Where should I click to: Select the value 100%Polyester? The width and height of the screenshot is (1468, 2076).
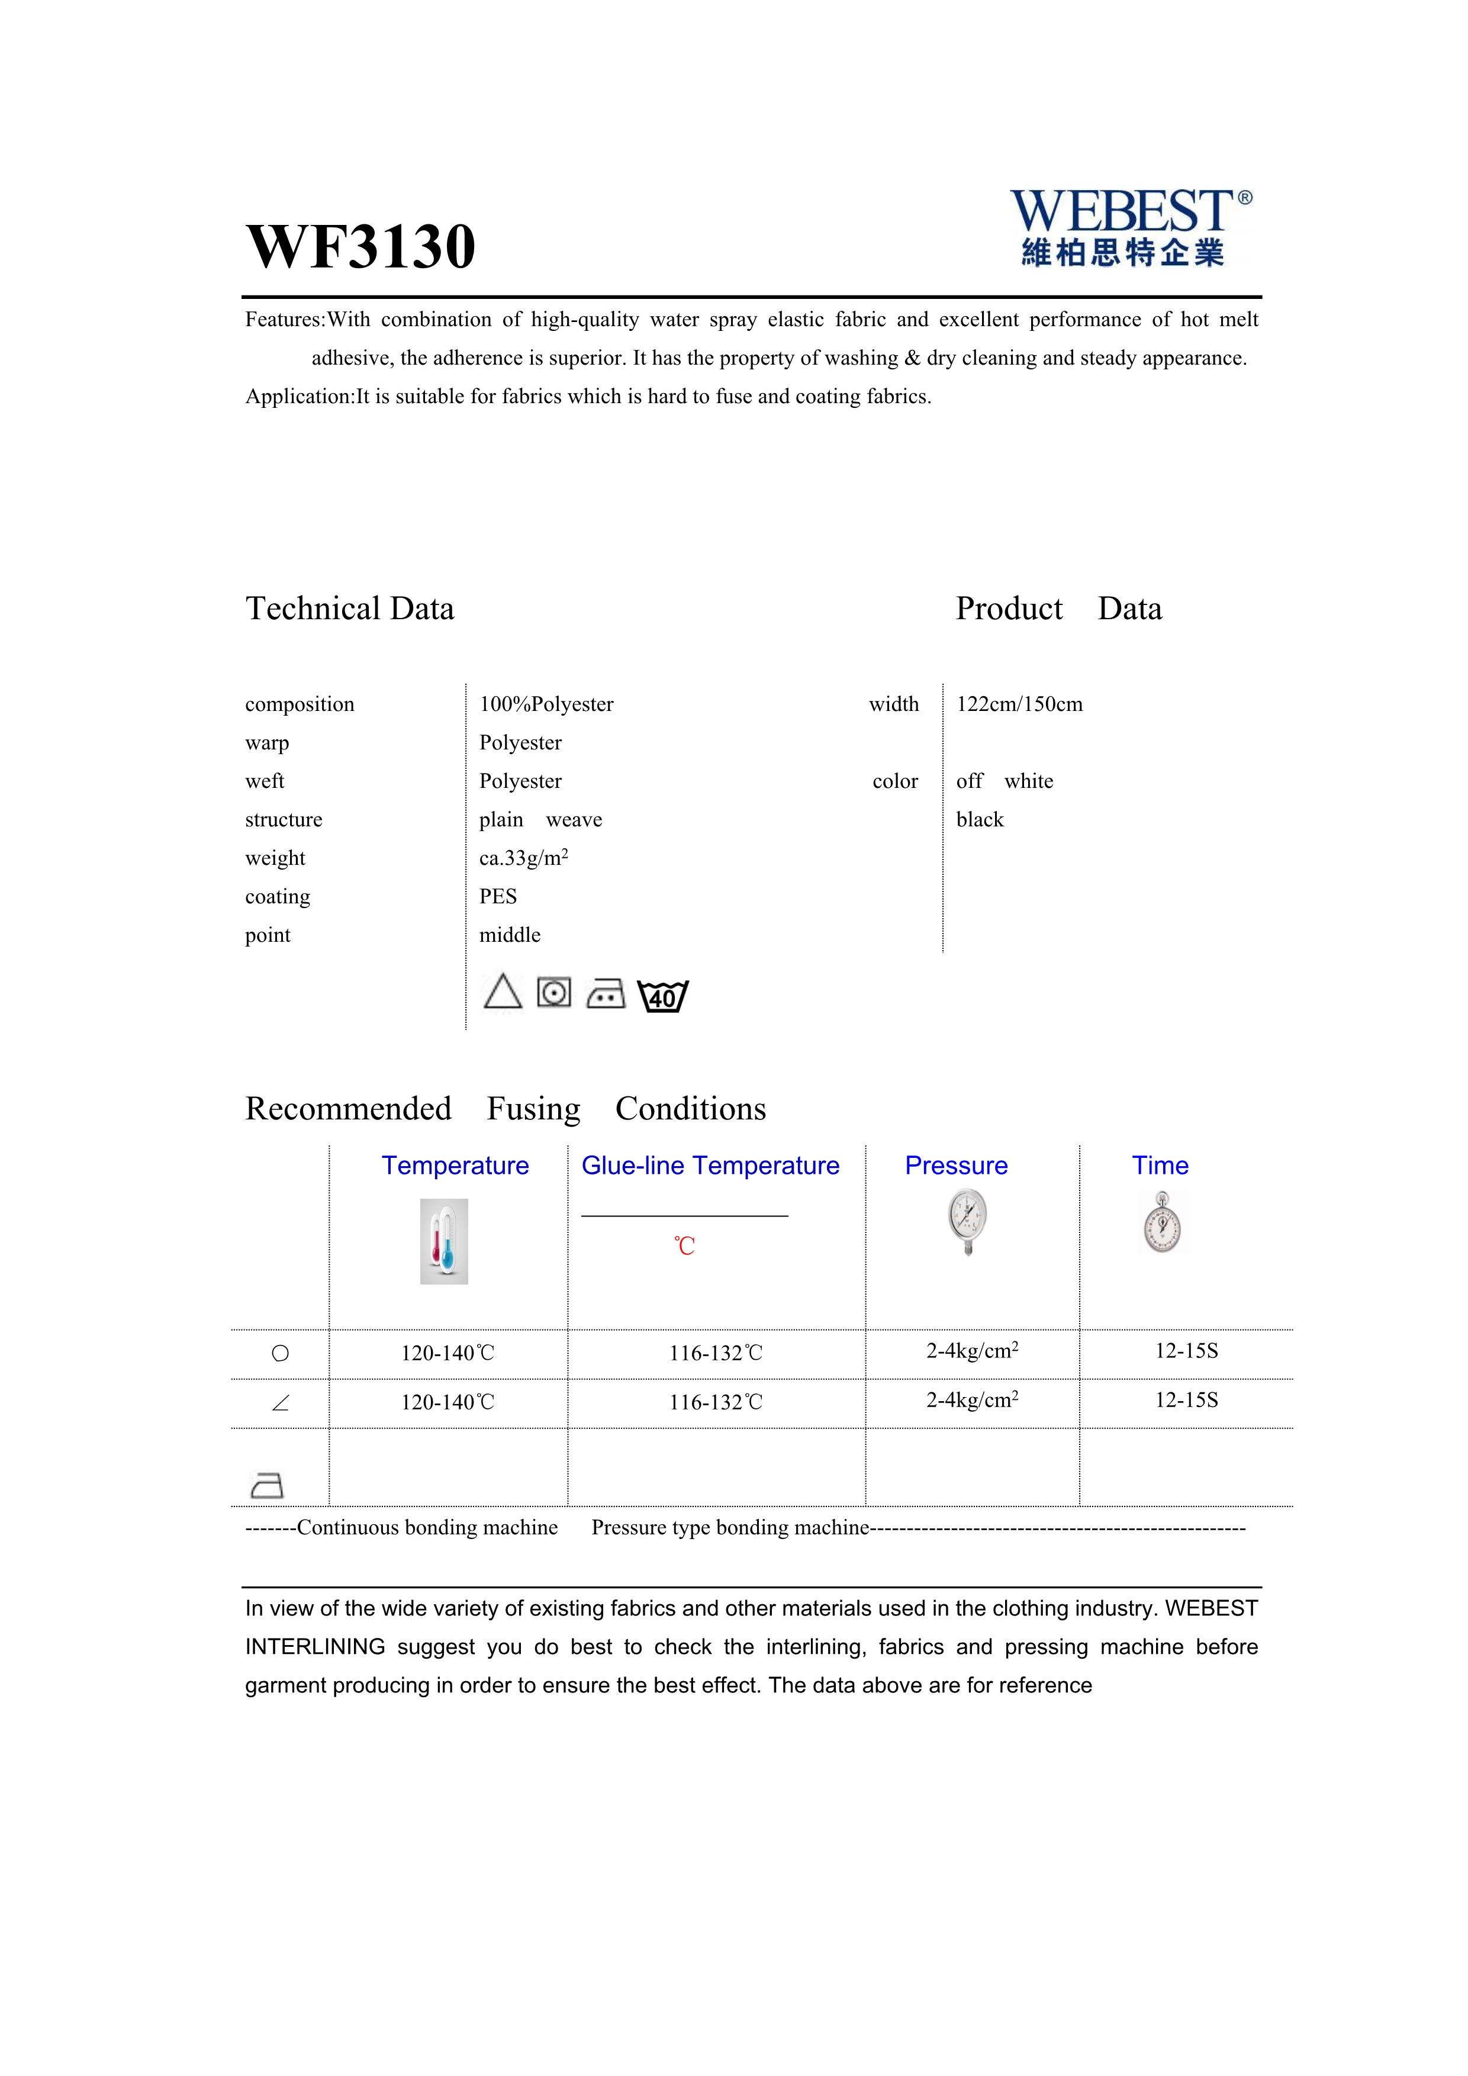coord(546,704)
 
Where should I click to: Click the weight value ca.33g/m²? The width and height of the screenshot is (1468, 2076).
coord(523,858)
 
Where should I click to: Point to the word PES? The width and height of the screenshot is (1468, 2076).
coord(498,897)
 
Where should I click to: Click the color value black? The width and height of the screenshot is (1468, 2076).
coord(980,820)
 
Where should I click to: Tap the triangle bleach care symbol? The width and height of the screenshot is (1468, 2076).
coord(503,992)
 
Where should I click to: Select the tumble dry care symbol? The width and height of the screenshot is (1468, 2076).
coord(554,993)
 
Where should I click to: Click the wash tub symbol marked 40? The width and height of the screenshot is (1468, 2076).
coord(662,996)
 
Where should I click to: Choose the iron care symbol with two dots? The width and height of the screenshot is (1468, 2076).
coord(606,994)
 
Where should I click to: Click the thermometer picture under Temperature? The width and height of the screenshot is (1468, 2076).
coord(444,1241)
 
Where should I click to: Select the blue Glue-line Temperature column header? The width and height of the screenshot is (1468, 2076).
coord(710,1166)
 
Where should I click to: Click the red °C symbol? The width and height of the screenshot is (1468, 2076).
coord(684,1246)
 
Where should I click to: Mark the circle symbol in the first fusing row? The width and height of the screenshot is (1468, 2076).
coord(280,1354)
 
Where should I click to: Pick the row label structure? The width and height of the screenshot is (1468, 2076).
coord(284,820)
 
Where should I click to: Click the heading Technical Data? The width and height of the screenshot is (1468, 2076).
coord(350,609)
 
